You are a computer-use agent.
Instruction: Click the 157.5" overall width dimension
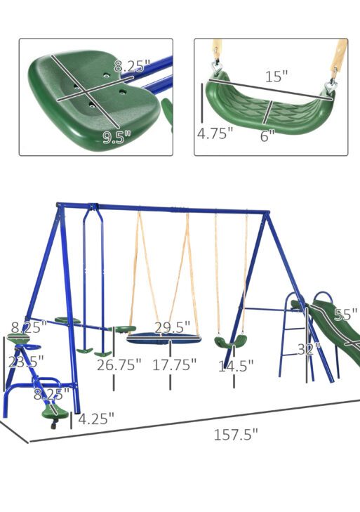pyautogui.click(x=235, y=434)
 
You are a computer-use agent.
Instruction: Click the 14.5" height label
pyautogui.click(x=236, y=365)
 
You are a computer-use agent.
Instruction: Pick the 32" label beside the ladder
pyautogui.click(x=307, y=349)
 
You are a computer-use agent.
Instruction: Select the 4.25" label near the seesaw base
pyautogui.click(x=95, y=419)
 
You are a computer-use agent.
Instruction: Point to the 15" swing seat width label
pyautogui.click(x=276, y=77)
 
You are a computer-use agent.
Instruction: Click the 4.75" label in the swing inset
pyautogui.click(x=215, y=133)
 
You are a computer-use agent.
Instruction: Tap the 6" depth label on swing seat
pyautogui.click(x=267, y=136)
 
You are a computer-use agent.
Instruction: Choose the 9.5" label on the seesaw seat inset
pyautogui.click(x=117, y=138)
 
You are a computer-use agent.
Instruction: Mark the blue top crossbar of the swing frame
pyautogui.click(x=161, y=209)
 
